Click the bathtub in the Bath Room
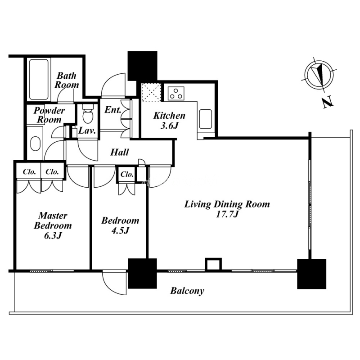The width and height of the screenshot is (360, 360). pos(39,80)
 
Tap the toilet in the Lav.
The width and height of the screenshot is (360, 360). pos(88,114)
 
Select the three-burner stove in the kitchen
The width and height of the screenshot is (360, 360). pos(176,94)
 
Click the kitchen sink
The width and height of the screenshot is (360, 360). pos(205,119)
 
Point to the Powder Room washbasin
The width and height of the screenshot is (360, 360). pos(36,144)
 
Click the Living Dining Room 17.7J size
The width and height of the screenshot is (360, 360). pos(227,214)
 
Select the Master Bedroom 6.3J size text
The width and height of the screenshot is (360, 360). pos(53,235)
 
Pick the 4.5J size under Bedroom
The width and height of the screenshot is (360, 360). pos(120,230)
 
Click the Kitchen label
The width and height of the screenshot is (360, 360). pos(169,116)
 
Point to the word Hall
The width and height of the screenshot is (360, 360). pos(119,152)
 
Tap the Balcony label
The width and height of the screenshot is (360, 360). pos(187,291)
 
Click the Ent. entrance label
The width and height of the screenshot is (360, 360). pos(113,110)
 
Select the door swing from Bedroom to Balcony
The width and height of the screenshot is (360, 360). pos(114,283)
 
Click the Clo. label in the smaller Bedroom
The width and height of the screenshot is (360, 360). pos(127,174)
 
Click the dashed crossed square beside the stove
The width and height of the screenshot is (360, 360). pos(151,92)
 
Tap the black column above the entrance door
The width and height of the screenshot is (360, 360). pos(142,66)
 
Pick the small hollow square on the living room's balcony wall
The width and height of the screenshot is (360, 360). pos(213,265)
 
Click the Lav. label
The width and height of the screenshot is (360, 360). pos(87,131)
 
